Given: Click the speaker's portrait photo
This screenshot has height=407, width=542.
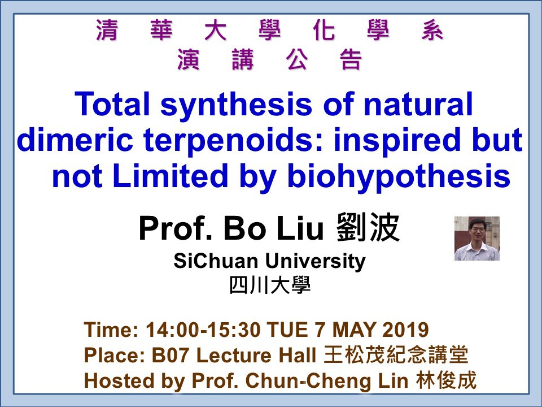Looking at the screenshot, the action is pos(477,239).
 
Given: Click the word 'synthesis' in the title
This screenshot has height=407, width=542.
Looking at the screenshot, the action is pos(236,104).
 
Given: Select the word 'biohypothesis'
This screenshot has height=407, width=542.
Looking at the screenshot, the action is pos(399,176).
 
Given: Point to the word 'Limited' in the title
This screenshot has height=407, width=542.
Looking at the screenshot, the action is pos(170,176).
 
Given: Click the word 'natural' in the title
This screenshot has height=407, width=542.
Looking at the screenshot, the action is pos(418,104).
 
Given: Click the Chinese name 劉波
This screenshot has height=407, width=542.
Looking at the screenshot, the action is pos(368,227).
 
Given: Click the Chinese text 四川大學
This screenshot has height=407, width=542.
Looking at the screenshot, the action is pos(270,285).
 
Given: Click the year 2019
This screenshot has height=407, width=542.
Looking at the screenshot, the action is pos(405,330).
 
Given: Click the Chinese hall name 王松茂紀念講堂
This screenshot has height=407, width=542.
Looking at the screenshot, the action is pos(396,355).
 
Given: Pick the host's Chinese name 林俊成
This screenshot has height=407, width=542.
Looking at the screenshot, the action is pos(446,380).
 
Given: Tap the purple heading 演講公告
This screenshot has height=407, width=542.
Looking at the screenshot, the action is pos(270,59).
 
